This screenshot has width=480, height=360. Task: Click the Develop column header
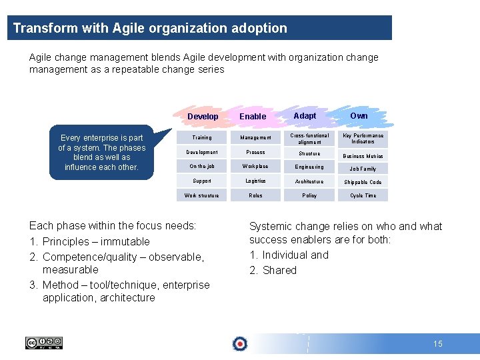(203, 117)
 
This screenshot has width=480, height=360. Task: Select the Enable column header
(253, 117)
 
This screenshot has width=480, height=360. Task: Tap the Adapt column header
(305, 116)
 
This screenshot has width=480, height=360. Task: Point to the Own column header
(359, 116)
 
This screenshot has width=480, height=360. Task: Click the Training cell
(201, 138)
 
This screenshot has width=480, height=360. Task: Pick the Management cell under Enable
(255, 138)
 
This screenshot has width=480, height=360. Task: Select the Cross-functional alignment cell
(309, 138)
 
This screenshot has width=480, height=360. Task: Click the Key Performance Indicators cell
(363, 138)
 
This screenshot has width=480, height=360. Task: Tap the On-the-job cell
(201, 167)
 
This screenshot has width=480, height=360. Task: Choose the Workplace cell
(255, 167)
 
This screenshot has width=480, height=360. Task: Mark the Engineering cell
(309, 167)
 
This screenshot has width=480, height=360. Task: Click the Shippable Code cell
(363, 182)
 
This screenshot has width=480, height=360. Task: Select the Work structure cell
(201, 195)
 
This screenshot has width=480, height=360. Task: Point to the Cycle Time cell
(363, 195)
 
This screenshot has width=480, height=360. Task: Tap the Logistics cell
(255, 181)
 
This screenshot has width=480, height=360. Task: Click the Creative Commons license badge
(44, 343)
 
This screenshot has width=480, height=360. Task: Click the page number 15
(437, 344)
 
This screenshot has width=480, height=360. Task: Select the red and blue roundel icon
(239, 344)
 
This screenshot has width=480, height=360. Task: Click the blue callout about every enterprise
(101, 153)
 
